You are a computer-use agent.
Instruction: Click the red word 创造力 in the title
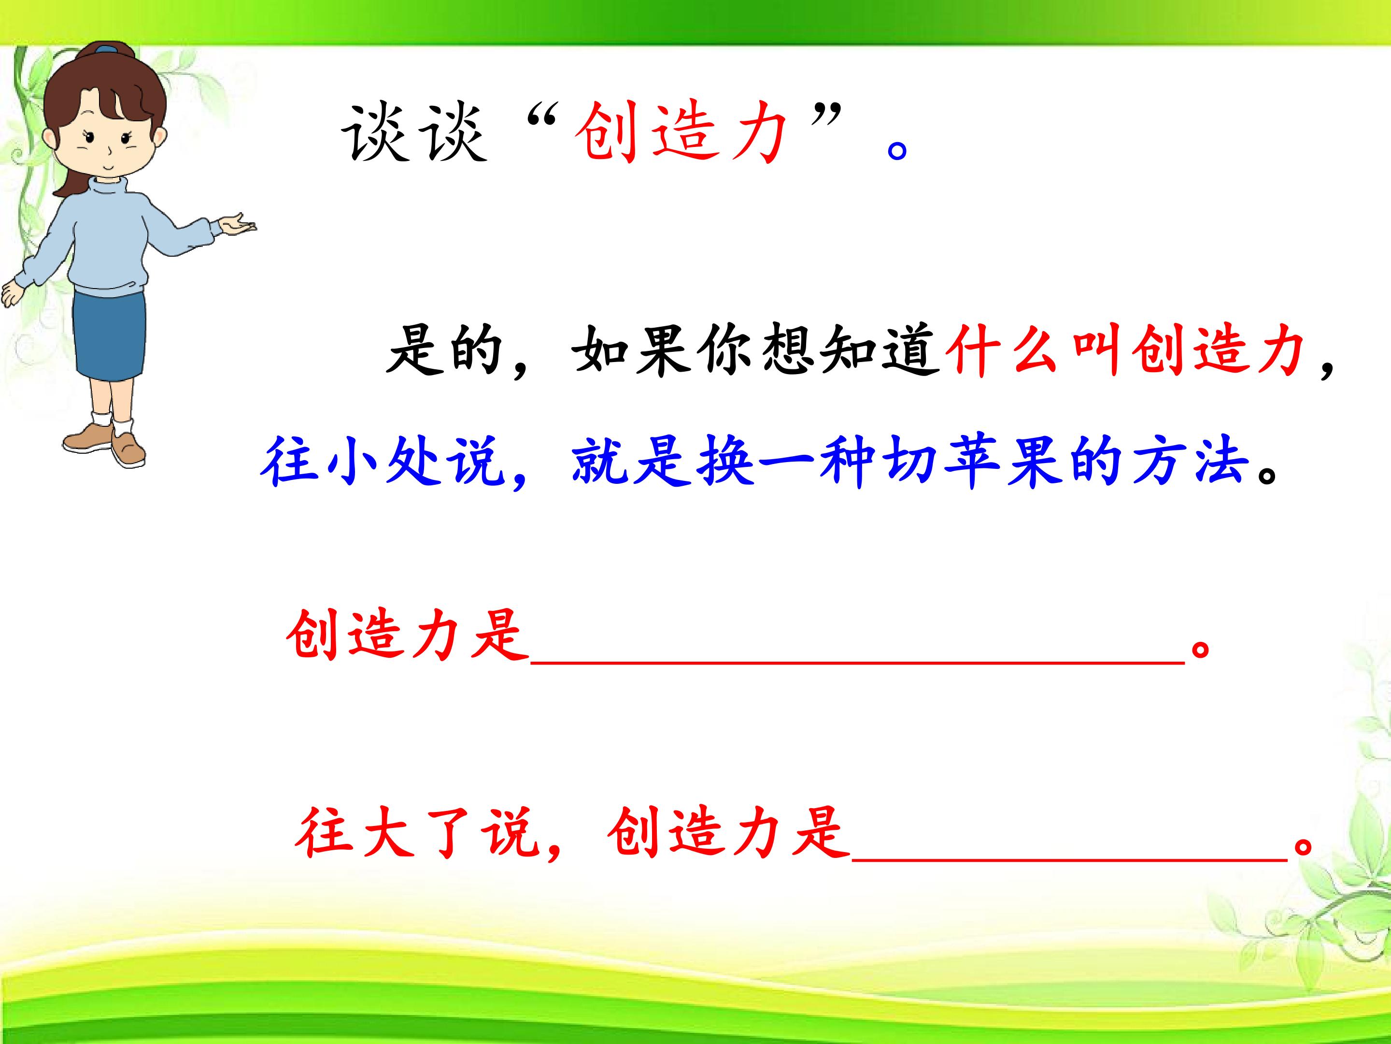[681, 133]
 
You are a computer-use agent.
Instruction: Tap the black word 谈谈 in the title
[414, 133]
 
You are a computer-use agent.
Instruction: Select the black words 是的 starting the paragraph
[445, 350]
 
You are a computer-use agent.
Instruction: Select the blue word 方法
[1191, 461]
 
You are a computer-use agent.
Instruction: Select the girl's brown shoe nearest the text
[129, 448]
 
